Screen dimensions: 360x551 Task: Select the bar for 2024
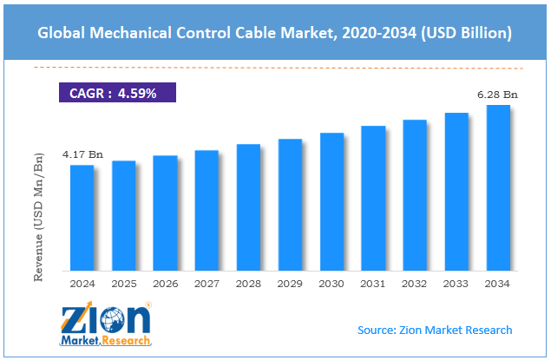(x=82, y=216)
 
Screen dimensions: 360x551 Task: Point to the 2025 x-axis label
(x=123, y=283)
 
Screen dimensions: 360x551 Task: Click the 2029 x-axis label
(x=290, y=283)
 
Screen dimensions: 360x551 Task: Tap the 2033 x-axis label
(x=456, y=283)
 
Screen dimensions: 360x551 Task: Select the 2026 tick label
(x=165, y=283)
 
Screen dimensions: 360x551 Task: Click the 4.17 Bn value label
(x=82, y=154)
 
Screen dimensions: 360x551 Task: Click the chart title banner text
(x=274, y=34)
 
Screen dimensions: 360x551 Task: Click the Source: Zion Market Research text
(x=434, y=330)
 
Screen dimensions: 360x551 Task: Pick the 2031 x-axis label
(x=373, y=283)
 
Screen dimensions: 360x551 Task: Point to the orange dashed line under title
(x=274, y=68)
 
